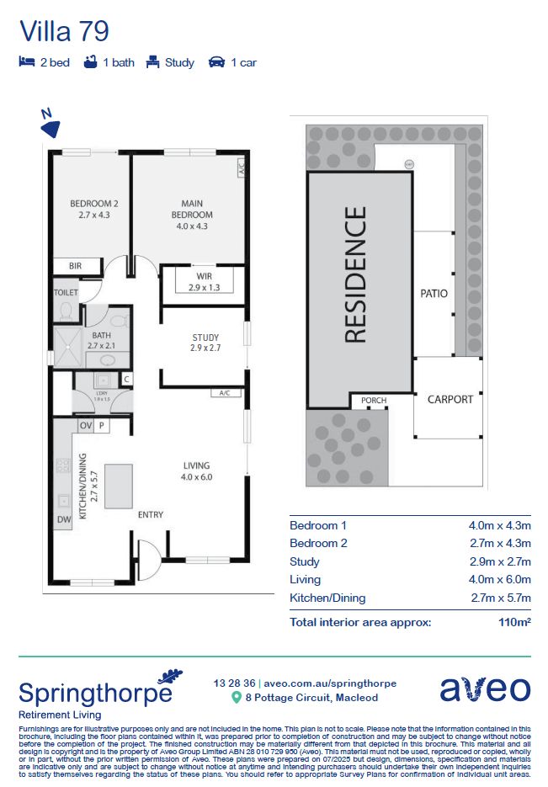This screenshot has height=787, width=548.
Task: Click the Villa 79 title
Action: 64,31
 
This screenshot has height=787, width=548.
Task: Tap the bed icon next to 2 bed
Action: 27,62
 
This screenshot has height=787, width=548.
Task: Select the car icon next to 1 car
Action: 216,62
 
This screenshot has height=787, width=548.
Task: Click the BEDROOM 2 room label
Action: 93,203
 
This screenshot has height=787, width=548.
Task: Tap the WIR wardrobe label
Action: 204,276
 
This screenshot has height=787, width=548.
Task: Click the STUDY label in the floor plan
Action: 205,338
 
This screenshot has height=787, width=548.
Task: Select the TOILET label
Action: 66,293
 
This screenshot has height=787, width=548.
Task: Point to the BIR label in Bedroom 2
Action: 75,266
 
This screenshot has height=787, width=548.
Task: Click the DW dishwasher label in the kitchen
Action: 64,521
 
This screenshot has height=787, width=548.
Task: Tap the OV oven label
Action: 85,426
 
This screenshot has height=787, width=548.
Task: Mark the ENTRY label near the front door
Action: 151,514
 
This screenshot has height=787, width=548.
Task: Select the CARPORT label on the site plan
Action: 450,399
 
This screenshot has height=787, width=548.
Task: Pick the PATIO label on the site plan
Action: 434,293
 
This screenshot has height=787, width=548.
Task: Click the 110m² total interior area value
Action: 514,623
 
